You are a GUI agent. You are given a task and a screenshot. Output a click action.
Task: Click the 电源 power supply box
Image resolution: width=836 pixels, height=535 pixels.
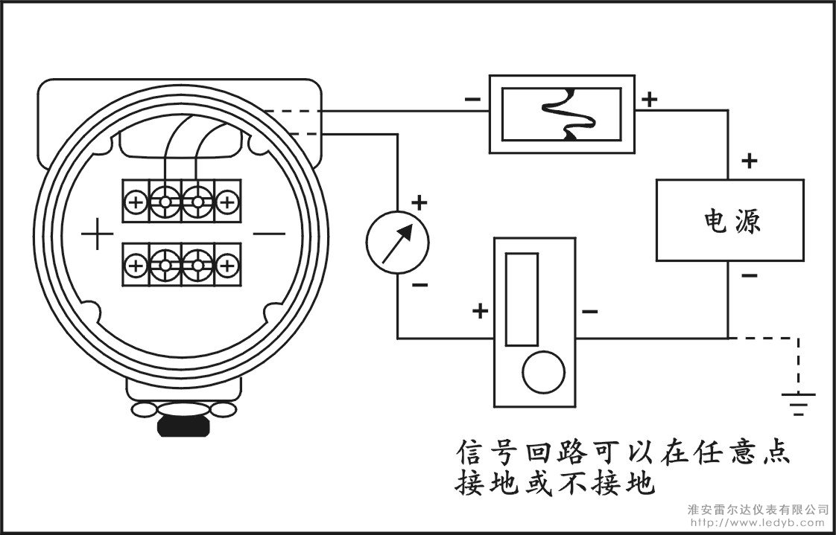729,220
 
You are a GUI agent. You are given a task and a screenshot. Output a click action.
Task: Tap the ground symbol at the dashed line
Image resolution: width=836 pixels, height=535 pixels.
798,404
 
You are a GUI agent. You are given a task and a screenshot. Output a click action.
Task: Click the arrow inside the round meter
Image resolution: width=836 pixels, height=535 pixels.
397,243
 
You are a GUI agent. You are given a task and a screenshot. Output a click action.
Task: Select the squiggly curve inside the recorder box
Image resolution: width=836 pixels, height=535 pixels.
569,115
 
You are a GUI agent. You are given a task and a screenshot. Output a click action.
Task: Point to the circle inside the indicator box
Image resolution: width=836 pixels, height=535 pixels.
543,372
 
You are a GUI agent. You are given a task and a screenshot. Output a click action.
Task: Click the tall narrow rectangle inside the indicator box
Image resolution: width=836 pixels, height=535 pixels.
522,300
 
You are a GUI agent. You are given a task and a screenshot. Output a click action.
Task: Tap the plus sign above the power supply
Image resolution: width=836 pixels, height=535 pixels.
749,161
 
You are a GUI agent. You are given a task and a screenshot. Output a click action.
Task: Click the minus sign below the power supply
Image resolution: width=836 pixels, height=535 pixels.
749,275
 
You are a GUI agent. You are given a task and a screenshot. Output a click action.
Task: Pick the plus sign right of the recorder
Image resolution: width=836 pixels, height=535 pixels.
650,99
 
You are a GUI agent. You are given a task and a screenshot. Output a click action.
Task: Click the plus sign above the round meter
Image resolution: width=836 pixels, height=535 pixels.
419,202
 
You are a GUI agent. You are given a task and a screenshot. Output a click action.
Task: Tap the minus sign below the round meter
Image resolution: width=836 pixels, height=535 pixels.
419,285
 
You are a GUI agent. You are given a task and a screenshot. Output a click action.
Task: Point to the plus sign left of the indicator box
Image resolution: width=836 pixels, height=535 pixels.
481,311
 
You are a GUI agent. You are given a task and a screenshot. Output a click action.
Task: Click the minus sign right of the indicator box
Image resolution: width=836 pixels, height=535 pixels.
589,311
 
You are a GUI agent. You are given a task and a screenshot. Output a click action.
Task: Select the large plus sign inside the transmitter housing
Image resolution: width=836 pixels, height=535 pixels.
97,233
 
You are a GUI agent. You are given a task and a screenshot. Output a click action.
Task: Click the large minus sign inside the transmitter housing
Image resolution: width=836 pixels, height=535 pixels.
269,233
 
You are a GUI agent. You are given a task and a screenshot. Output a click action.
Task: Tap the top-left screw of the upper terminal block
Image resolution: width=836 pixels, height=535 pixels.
136,202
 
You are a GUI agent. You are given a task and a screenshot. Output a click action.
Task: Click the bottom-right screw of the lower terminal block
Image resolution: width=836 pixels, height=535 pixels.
228,265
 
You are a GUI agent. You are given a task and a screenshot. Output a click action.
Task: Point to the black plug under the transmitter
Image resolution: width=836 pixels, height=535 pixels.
183,426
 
